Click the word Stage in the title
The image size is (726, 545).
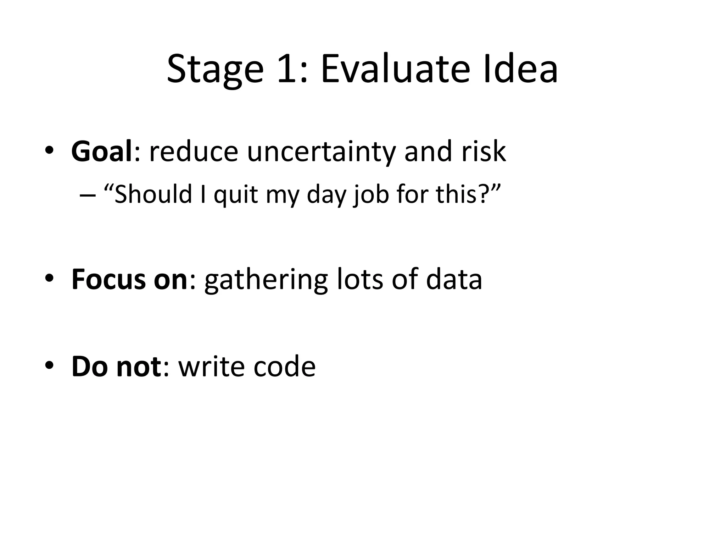[x=215, y=69]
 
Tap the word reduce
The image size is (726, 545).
[x=194, y=152]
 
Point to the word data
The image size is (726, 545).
[x=454, y=280]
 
